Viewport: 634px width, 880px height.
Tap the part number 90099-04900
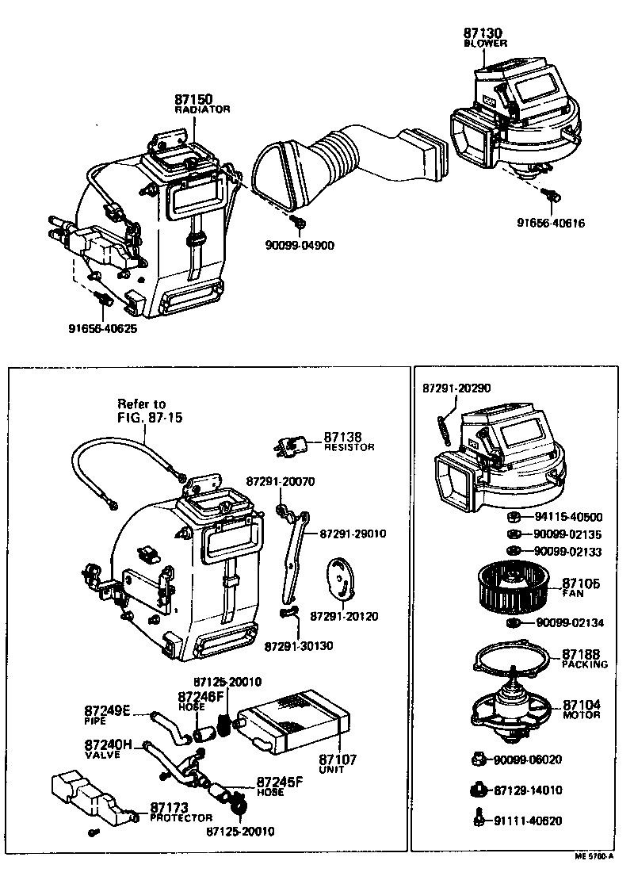(300, 245)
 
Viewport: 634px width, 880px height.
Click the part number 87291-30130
(299, 645)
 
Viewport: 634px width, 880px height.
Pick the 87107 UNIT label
(338, 763)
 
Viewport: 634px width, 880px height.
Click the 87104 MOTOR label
(581, 709)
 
